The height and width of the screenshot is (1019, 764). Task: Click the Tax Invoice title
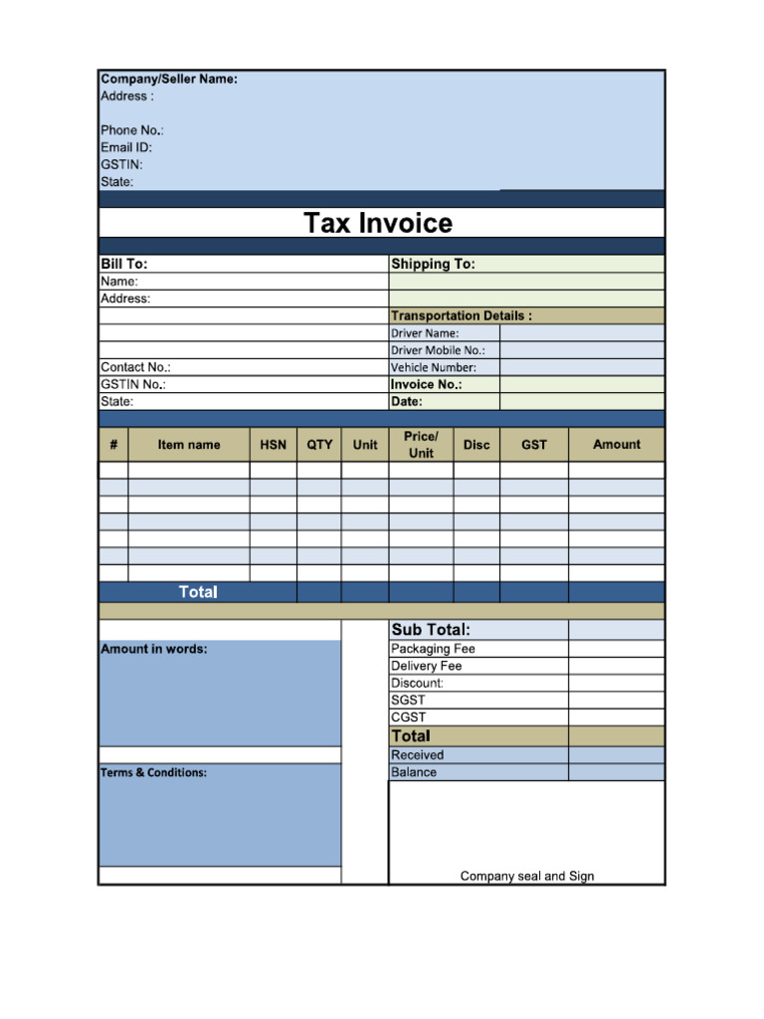tap(378, 223)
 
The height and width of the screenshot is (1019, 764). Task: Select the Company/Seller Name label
tap(169, 79)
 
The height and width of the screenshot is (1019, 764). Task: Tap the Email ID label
tap(126, 147)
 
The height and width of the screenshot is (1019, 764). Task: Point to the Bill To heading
tap(124, 264)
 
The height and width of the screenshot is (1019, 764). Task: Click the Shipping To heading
tap(433, 264)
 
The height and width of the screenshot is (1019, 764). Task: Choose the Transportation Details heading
tap(461, 315)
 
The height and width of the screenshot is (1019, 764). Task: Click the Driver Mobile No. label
tap(438, 350)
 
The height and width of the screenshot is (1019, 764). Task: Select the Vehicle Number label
tap(434, 367)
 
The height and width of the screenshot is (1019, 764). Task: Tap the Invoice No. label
tap(427, 384)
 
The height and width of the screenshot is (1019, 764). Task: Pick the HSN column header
tap(273, 445)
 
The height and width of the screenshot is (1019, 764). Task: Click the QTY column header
tap(319, 445)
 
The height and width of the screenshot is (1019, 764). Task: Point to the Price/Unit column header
tap(421, 445)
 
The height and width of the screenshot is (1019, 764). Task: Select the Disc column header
tap(477, 445)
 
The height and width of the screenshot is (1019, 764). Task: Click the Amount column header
tap(617, 445)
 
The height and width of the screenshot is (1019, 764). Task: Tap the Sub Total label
tap(431, 629)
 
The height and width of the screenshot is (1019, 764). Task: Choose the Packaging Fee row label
tap(433, 649)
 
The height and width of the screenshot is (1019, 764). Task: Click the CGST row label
tap(408, 717)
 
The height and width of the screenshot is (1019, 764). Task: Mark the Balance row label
tap(414, 772)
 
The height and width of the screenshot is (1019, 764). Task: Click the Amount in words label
tap(154, 649)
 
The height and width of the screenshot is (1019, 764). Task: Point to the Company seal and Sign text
tap(527, 877)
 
